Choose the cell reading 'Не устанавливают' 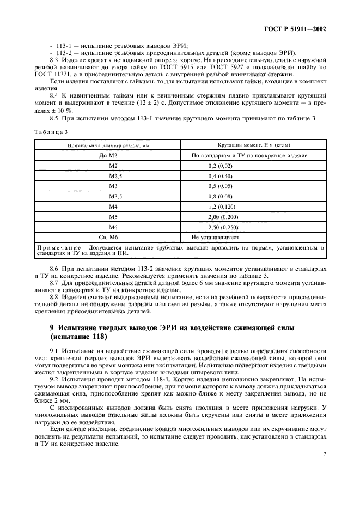coord(215,238)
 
